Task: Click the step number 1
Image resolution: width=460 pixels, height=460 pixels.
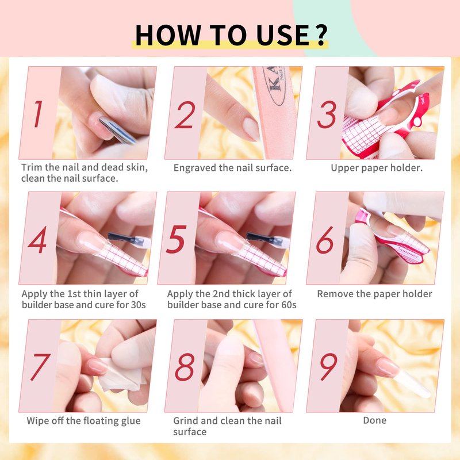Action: [38, 114]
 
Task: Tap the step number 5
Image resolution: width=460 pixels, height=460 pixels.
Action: [177, 239]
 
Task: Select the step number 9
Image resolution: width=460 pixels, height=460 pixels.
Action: [328, 367]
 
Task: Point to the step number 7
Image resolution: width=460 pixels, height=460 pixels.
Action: [40, 367]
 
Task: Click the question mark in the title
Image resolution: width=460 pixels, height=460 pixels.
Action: [322, 36]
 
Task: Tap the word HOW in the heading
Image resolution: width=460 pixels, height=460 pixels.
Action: [167, 35]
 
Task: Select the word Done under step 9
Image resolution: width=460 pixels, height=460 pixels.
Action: [375, 420]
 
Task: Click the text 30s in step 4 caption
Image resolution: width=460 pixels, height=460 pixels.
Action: [138, 305]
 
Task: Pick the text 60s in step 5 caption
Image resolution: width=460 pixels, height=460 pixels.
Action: [289, 305]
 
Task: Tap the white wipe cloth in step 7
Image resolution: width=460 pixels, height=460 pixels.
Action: [122, 376]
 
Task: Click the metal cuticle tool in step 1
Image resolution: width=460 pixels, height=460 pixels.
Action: [117, 130]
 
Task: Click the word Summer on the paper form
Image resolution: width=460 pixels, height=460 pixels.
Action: [408, 252]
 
